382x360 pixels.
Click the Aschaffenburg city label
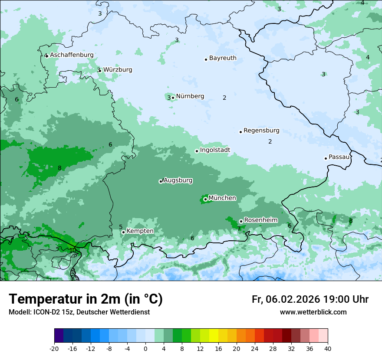click(x=72, y=55)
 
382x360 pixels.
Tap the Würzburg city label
click(x=117, y=70)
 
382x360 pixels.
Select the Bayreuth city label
click(x=223, y=58)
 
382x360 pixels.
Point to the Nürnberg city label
click(x=190, y=96)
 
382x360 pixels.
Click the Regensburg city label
click(x=261, y=131)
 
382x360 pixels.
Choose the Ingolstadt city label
click(x=215, y=150)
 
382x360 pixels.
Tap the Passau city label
click(x=339, y=157)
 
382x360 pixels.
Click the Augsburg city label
click(x=178, y=180)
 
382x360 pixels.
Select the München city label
click(x=222, y=198)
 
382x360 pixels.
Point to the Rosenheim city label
click(x=260, y=220)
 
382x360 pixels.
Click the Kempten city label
click(x=140, y=231)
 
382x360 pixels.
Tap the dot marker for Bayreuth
click(x=206, y=59)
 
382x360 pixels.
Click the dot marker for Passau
click(x=326, y=158)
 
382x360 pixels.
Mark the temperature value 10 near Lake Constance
click(x=72, y=250)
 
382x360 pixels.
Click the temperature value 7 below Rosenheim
click(x=239, y=229)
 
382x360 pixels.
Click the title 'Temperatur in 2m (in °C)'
click(x=86, y=299)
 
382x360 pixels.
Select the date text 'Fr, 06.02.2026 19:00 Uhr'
click(x=310, y=299)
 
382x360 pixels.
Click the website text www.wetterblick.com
click(x=313, y=312)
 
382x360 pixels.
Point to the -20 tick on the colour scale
click(x=54, y=349)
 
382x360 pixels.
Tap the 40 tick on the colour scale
click(x=328, y=349)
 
